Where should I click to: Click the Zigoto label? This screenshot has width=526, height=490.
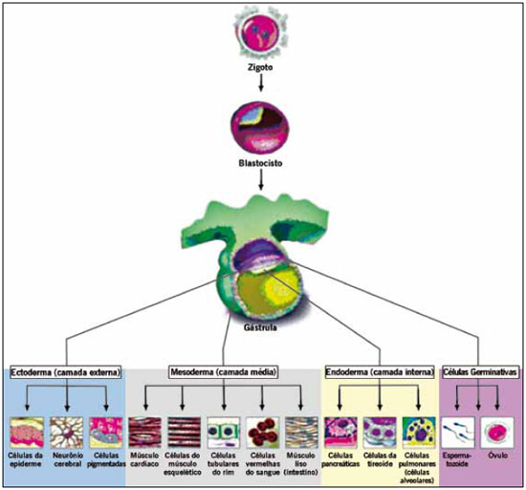260,67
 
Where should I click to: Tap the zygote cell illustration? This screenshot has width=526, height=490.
261,33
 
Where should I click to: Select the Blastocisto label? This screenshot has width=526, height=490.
260,164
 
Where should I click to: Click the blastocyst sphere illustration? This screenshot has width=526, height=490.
259,126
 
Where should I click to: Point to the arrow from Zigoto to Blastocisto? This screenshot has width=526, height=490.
261,82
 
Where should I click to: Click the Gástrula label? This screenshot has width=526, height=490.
260,327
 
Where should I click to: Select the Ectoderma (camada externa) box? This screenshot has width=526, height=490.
65,372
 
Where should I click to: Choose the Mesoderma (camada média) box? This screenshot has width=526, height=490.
224,372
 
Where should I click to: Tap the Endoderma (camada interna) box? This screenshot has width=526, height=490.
380,372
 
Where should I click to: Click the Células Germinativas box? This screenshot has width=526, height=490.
480,372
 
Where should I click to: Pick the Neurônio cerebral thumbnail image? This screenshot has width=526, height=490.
67,433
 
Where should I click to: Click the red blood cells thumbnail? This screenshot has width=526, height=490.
263,433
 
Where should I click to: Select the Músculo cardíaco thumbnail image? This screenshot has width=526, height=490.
145,433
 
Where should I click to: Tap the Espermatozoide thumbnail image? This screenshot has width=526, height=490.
458,433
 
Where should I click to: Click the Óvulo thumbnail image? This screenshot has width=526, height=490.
497,433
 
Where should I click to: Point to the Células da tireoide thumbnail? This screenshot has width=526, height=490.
380,433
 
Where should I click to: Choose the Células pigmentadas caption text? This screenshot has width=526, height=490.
106,459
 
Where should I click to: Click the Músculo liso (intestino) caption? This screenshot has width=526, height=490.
301,464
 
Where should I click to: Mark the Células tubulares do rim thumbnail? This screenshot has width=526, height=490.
224,433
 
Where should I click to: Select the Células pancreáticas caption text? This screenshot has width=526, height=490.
340,459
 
